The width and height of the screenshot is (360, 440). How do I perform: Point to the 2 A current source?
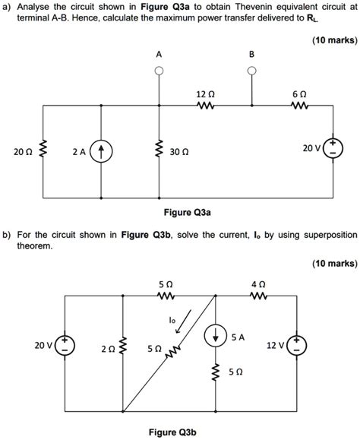pyautogui.click(x=100, y=152)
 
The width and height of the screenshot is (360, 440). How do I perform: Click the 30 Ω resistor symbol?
pyautogui.click(x=158, y=152)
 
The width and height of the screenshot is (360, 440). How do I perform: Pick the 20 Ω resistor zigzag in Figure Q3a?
pyautogui.click(x=43, y=152)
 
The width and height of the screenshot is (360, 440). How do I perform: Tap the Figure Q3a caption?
pyautogui.click(x=180, y=213)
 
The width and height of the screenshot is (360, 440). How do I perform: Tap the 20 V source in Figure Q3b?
pyautogui.click(x=65, y=347)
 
